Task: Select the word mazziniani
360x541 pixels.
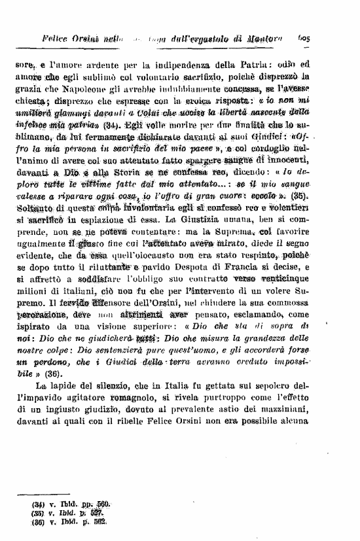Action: pyautogui.click(x=309, y=415)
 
